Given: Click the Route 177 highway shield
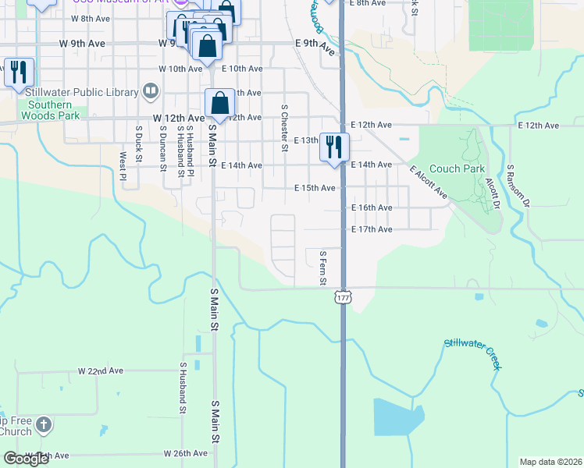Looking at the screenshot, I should pos(342,298).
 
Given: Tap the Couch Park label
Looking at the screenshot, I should pos(457,168).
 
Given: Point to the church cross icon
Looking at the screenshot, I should pos(45,425).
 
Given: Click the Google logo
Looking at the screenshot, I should pos(27,459).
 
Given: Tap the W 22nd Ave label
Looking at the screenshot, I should pos(101,370).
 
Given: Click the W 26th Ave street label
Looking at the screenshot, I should pos(185,453).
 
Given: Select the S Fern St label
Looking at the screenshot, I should pos(322,268).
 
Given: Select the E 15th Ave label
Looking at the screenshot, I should pos(315,188).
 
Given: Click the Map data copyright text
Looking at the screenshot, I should pos(550,462).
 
